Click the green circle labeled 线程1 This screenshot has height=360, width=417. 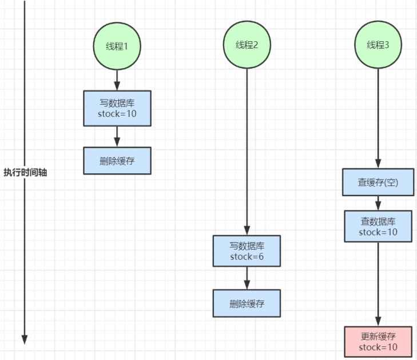pos(117,46)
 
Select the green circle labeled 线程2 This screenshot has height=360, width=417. pos(247,45)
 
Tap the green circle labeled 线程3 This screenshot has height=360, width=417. pos(378,45)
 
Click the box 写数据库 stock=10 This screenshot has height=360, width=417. pos(117,108)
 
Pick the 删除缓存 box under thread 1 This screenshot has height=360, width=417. pos(117,161)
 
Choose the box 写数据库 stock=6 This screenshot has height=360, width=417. pos(247,251)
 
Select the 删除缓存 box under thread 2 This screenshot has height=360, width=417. pos(247,303)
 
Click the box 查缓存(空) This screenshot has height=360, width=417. pos(378,182)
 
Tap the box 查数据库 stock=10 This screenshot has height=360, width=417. pos(378,227)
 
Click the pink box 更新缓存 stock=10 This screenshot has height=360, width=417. pos(378,342)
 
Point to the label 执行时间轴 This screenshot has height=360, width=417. pos(25,172)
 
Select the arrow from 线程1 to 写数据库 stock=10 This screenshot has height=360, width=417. pos(117,80)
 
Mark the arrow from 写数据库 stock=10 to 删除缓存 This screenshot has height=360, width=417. pos(117,136)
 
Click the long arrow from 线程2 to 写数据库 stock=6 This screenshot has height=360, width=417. pos(247,152)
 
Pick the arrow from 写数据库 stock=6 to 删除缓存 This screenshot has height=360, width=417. pos(247,278)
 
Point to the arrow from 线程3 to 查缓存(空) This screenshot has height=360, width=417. pos(378,118)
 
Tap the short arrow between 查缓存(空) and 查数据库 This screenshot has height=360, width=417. pos(378,203)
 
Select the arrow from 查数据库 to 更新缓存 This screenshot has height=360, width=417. pos(378,284)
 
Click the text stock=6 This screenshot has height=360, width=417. pos(247,257)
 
